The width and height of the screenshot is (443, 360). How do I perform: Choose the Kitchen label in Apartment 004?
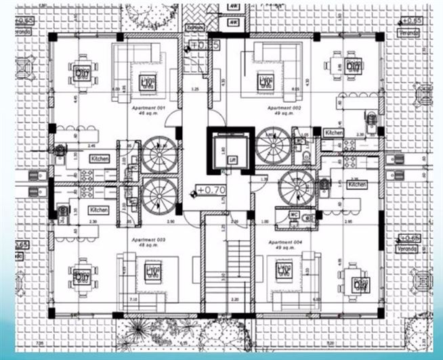coord(357,183)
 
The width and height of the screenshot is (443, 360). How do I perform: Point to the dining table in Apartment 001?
coord(82,70)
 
